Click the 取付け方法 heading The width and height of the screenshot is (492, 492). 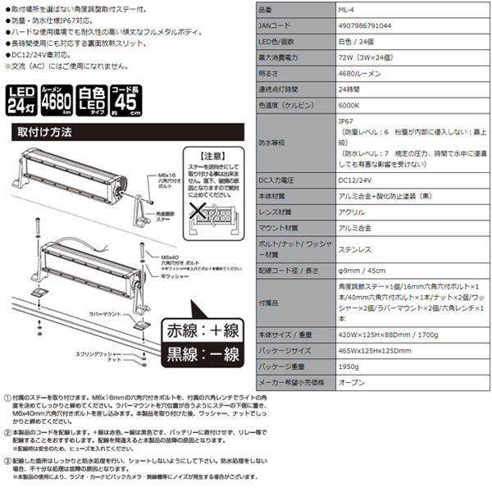pyautogui.click(x=44, y=131)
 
